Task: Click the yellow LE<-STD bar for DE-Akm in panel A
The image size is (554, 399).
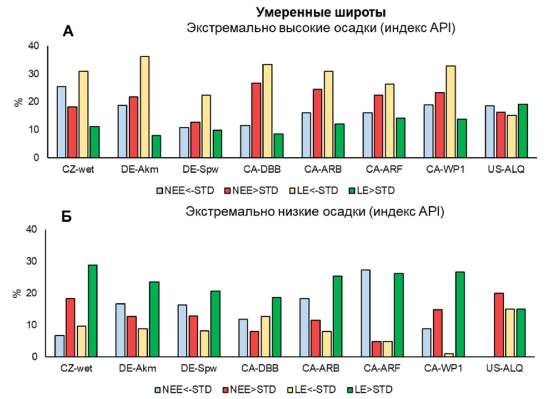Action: [x=144, y=107]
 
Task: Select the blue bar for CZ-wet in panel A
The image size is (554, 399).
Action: [x=61, y=122]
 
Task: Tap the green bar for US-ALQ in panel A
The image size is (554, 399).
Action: [x=523, y=131]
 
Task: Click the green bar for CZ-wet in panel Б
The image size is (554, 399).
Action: [x=93, y=311]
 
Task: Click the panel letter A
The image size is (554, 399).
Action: [x=68, y=32]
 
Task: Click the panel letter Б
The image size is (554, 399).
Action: [x=67, y=217]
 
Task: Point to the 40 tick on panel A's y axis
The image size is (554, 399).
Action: [x=36, y=46]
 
